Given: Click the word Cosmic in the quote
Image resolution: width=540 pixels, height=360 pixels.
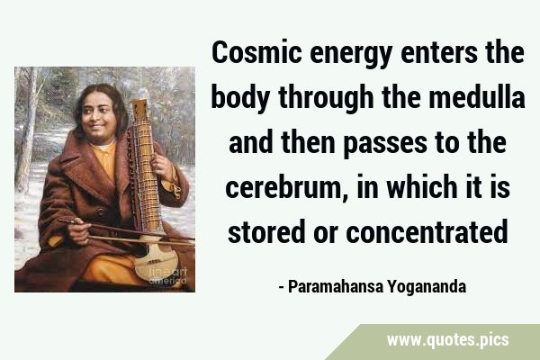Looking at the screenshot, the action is coord(256,52).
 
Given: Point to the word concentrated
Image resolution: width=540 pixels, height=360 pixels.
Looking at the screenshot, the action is coord(427,231).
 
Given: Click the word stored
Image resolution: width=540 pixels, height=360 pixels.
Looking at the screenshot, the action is coord(266,231).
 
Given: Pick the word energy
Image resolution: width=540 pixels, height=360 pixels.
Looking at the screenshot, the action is coord(351,55).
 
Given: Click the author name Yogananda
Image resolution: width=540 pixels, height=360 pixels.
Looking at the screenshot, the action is coord(427,287).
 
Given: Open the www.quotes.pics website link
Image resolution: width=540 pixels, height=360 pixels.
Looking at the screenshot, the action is coord(447,340).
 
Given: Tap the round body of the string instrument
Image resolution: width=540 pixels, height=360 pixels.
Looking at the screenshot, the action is coord(156,261).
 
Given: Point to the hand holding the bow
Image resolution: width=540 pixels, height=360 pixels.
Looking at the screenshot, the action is coord(78,230).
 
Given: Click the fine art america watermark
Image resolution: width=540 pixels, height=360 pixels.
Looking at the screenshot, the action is coord(167,276).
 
